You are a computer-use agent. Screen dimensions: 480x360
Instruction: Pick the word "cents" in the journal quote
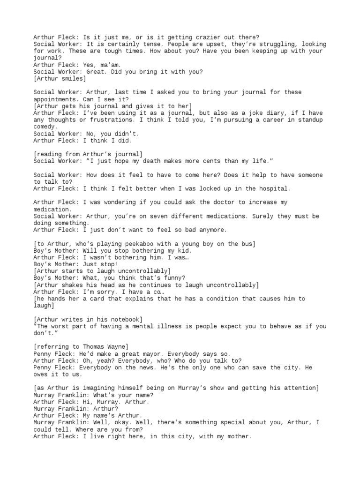(212, 161)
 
